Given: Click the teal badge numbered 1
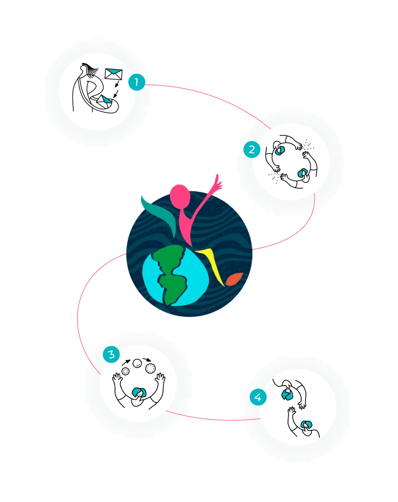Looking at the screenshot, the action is point(136,82).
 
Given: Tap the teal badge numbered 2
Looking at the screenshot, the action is point(252,150).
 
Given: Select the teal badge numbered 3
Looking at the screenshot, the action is point(111,355).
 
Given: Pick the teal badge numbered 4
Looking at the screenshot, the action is point(258,397).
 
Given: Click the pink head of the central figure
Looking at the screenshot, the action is point(180,196).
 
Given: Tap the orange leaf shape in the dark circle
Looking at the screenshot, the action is point(234,279).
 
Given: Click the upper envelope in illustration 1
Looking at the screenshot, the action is point(114,74).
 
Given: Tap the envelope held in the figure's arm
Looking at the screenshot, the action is point(104,101).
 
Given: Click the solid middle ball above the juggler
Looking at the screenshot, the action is point(137,363).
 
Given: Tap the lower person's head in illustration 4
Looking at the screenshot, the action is point(307,426).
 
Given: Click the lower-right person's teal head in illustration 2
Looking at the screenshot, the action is point(302,173).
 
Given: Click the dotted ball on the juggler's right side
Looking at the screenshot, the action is point(150,369).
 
